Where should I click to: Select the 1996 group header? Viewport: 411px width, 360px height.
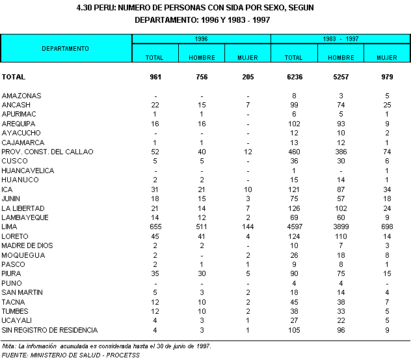click(201, 39)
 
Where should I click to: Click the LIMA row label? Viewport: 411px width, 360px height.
click(10, 227)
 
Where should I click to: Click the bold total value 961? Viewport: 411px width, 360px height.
click(155, 77)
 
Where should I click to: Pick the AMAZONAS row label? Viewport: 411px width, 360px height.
click(21, 96)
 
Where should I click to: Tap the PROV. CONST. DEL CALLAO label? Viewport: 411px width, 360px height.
click(48, 152)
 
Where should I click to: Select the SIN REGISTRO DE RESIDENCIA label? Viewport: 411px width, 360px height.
click(50, 330)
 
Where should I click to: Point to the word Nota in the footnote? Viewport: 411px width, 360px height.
click(8, 346)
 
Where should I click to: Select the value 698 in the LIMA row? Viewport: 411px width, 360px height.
click(387, 227)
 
